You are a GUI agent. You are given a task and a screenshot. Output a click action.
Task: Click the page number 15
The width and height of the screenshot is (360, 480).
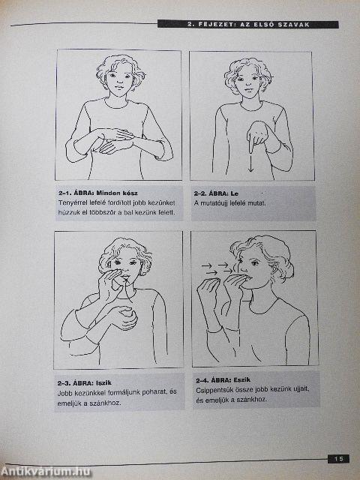pos(338,459)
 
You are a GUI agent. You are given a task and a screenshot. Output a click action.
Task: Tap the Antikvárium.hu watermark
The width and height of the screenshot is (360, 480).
pos(45,472)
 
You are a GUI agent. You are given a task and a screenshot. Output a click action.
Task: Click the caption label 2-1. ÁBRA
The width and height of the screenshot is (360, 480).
pos(76,193)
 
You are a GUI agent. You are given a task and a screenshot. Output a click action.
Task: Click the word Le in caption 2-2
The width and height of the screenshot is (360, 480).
pos(235,193)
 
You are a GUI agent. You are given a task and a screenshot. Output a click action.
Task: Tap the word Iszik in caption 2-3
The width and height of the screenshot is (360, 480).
pos(103,382)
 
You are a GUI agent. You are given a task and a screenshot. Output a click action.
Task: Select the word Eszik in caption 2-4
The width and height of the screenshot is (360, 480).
pos(241,380)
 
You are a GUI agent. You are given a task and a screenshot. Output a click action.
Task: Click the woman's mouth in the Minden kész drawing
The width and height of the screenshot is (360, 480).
pos(118,87)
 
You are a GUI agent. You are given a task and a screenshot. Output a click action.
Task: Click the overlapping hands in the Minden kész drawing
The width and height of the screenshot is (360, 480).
pos(115,140)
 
